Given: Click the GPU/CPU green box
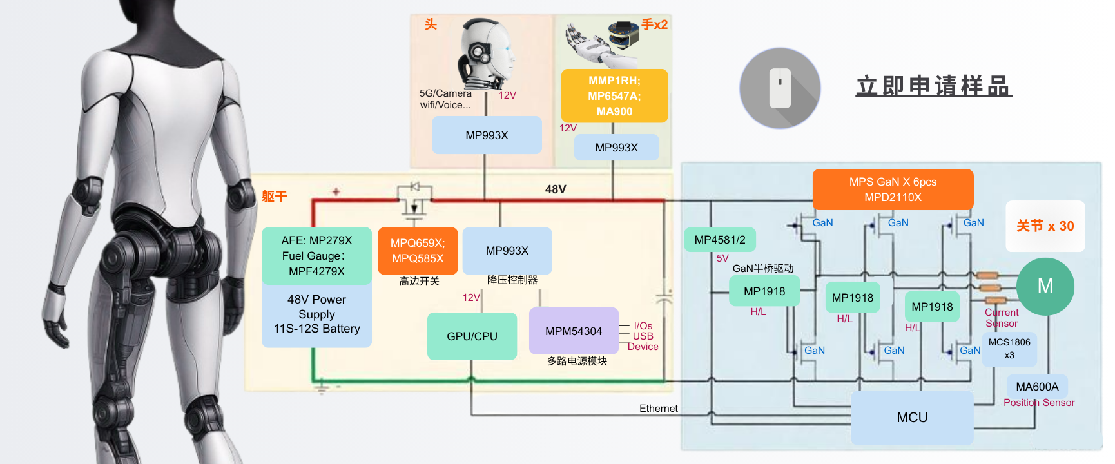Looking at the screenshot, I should (x=472, y=336).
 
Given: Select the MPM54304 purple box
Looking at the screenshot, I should (x=574, y=331).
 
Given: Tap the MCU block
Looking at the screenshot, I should (x=912, y=418).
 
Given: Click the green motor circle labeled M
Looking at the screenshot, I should (x=1045, y=286).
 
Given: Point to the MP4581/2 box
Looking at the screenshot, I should (x=720, y=240).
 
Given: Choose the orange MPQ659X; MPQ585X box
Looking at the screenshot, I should (x=418, y=251).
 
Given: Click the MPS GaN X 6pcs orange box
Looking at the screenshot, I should (x=893, y=189).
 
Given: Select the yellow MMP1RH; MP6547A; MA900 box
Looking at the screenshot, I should (x=614, y=96).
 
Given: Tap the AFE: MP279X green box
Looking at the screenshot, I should (x=316, y=256).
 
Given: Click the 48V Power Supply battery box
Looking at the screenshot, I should (x=316, y=314).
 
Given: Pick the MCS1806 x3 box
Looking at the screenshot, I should (x=1009, y=349).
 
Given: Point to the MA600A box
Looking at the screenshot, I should (x=1037, y=387).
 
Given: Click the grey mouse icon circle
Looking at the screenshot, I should (x=780, y=88).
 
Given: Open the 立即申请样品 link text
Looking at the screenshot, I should (x=934, y=86).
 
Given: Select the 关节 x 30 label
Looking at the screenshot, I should (x=1045, y=226).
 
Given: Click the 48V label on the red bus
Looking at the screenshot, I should (x=556, y=189).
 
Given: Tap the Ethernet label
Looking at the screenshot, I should (x=658, y=409).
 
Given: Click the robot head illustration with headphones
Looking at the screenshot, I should (x=487, y=54).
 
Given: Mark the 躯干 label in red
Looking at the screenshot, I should (x=274, y=197).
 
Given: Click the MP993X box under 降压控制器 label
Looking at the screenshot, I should (x=507, y=251).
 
